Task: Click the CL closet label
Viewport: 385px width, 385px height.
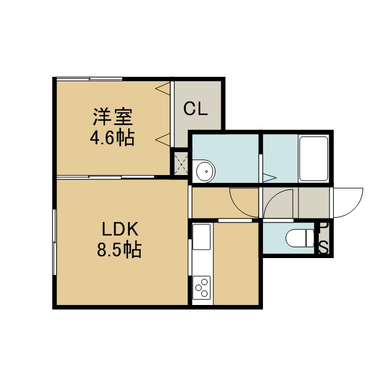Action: point(196,109)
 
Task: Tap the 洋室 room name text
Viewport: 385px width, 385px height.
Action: point(112,117)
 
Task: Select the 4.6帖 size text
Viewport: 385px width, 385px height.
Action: point(112,138)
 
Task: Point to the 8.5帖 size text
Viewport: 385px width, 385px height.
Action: point(119,250)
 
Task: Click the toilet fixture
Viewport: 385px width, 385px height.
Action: point(300,238)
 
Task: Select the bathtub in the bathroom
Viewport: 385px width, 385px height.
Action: point(313,159)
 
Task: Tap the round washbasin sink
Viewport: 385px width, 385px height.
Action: point(204,171)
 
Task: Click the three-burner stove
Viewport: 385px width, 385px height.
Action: point(202,288)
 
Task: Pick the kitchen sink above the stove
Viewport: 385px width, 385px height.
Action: point(202,236)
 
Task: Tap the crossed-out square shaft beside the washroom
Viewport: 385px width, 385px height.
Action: point(181,164)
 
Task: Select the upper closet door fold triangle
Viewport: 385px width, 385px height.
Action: point(163,88)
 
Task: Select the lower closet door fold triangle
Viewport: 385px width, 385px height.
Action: point(163,140)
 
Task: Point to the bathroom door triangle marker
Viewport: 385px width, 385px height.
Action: point(269,177)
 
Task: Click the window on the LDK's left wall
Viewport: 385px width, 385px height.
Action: point(55,242)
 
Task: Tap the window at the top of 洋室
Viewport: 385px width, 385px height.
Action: point(90,79)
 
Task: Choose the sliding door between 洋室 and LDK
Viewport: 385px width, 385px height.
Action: point(105,177)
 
